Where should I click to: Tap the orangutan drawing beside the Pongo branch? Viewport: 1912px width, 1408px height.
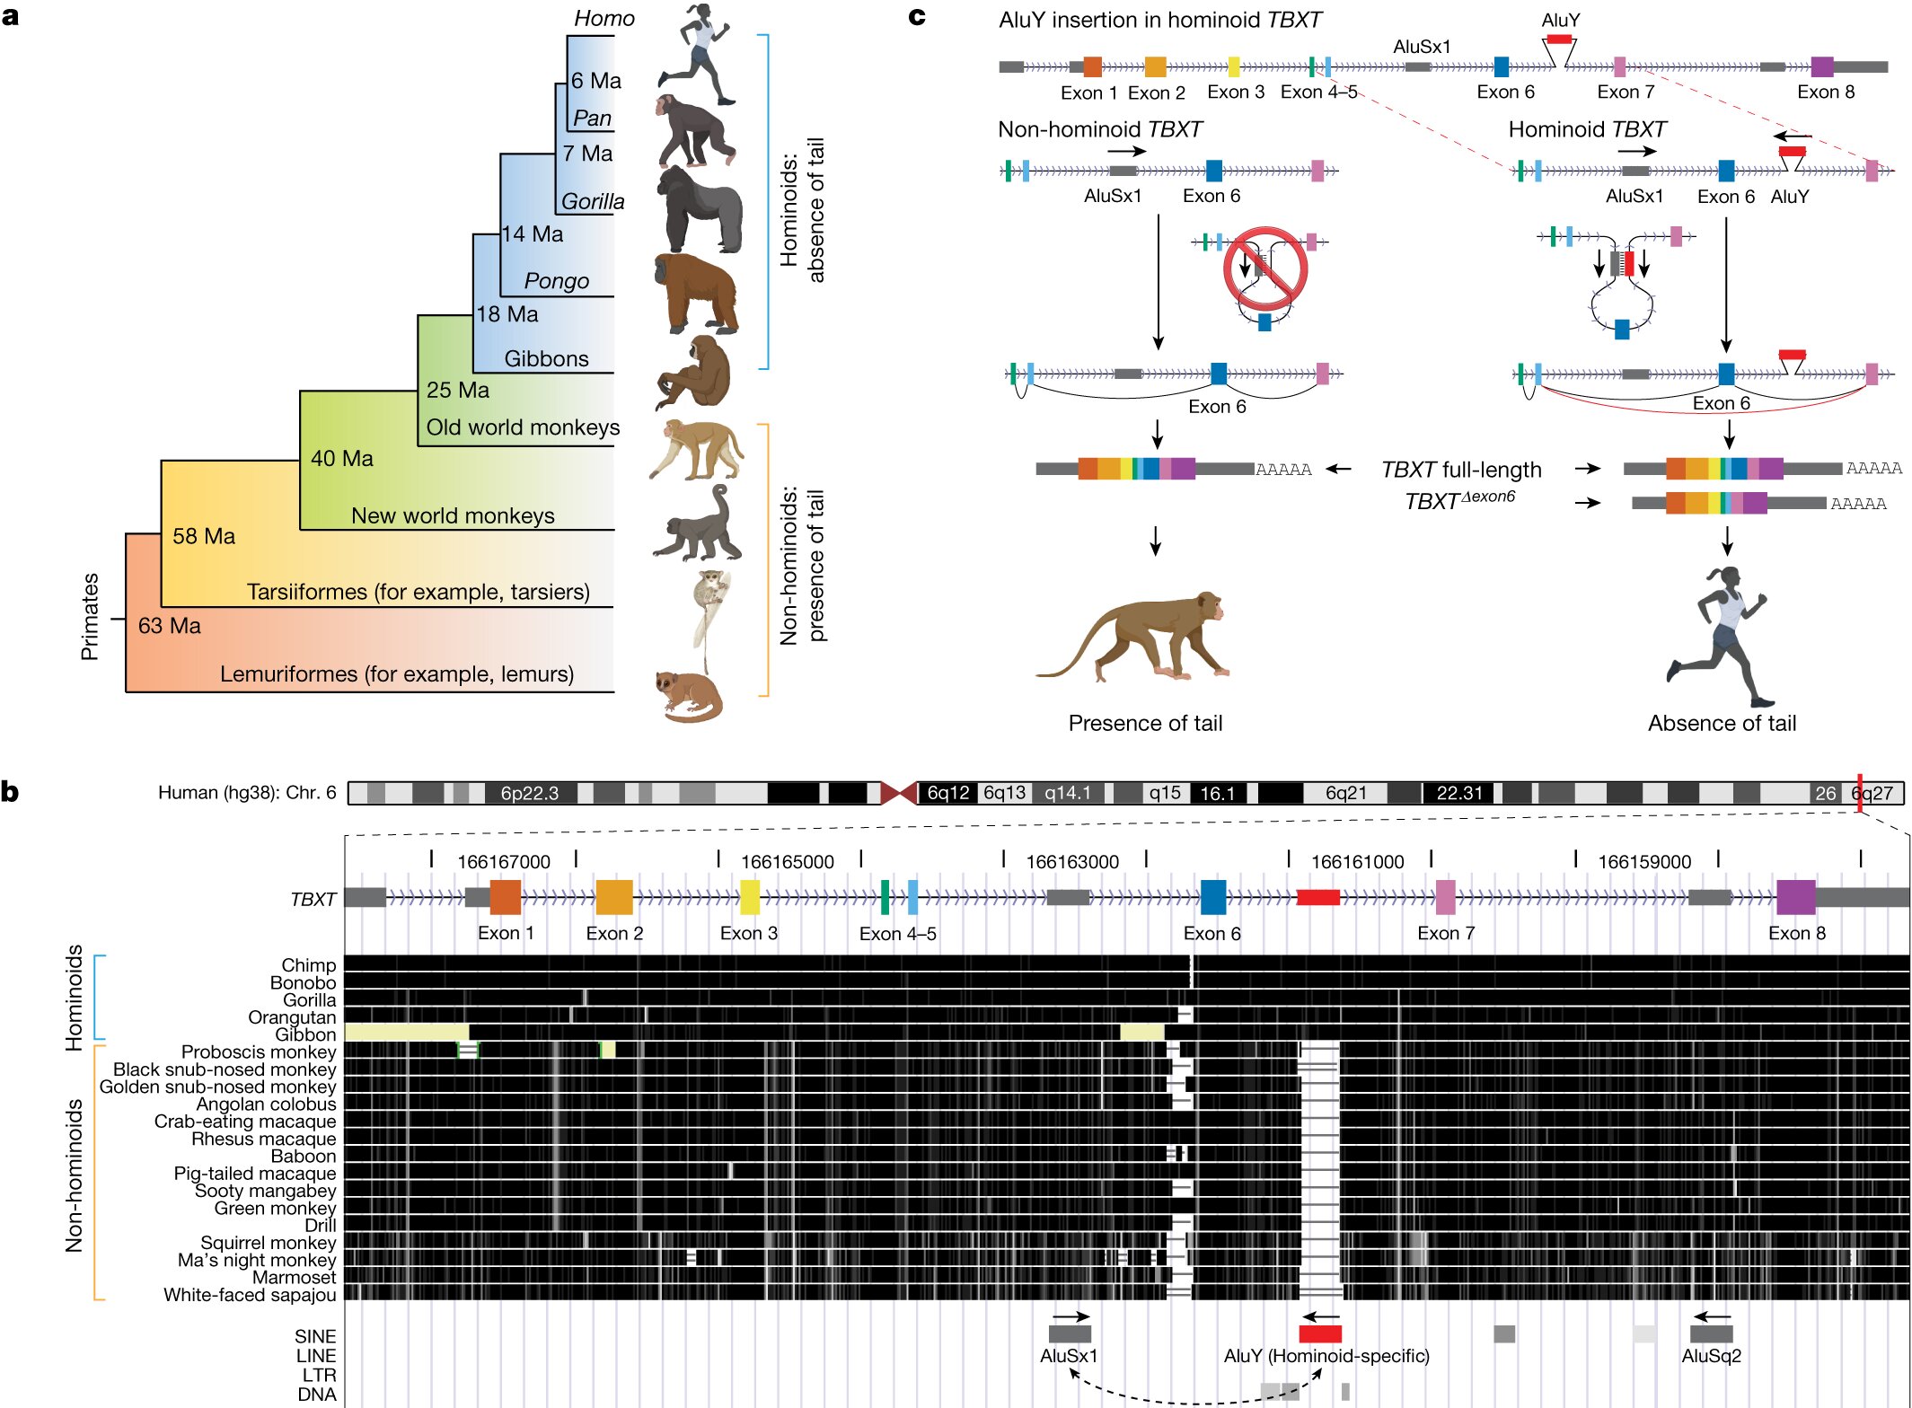[696, 294]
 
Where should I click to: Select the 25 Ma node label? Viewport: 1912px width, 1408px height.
[457, 390]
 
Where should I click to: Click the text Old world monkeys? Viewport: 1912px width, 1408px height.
[523, 427]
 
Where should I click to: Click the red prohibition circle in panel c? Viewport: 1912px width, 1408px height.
[1264, 268]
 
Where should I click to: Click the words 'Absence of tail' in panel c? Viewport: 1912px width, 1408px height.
[1722, 723]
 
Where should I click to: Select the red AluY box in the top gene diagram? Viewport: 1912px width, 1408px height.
[1559, 40]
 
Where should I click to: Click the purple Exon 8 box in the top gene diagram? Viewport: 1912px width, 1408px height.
[1822, 66]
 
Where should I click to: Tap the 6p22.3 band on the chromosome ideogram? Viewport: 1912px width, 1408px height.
[529, 793]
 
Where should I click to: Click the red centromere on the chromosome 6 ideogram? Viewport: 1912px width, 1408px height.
[898, 793]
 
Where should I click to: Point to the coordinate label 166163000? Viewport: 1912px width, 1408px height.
[1072, 862]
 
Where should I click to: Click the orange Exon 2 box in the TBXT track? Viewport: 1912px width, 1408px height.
[614, 897]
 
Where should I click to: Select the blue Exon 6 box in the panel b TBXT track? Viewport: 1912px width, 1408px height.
[1212, 897]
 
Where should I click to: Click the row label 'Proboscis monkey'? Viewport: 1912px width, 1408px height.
[259, 1052]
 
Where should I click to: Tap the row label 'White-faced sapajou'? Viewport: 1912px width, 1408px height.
[250, 1295]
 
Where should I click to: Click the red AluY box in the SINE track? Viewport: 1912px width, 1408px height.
[1319, 1334]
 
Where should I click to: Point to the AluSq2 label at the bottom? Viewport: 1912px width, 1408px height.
[1711, 1356]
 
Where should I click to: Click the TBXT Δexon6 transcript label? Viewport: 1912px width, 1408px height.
[1459, 500]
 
